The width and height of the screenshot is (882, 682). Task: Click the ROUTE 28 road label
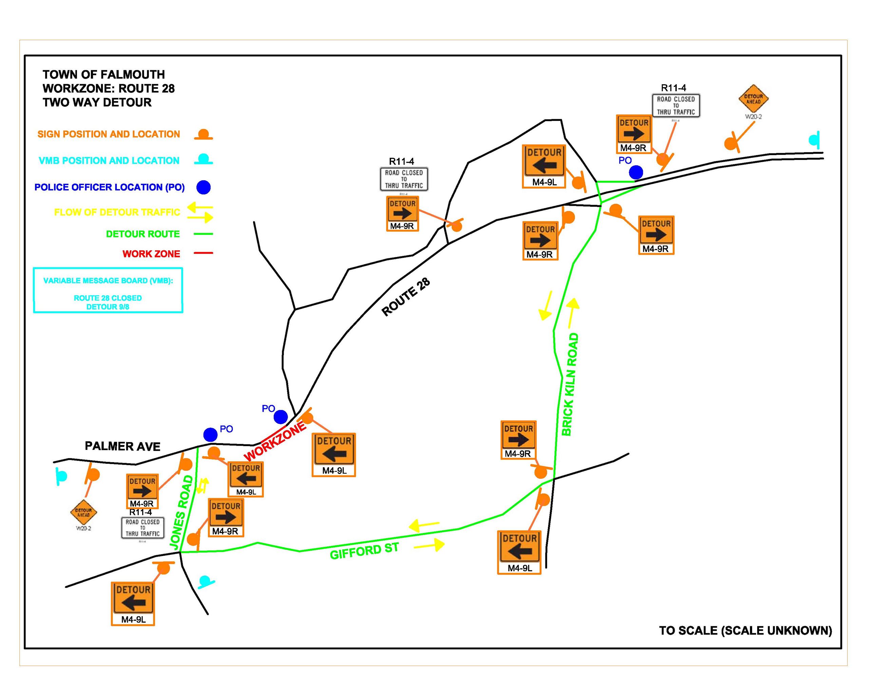tap(405, 297)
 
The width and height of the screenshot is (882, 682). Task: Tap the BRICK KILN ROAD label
tap(570, 384)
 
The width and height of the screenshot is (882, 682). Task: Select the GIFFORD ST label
tap(364, 551)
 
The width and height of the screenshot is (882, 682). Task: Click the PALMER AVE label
tap(122, 446)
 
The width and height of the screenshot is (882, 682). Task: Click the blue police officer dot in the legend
tap(203, 187)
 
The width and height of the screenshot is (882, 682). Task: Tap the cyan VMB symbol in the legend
tap(203, 159)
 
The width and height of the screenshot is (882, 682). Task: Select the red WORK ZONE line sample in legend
tap(203, 253)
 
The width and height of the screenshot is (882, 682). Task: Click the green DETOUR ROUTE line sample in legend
tap(203, 234)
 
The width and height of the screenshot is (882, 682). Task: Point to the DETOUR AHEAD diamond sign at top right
tap(753, 98)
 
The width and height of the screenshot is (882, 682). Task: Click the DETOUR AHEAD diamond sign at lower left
tap(83, 512)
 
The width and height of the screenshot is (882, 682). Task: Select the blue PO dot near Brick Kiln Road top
tap(636, 172)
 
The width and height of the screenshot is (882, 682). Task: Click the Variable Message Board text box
tap(108, 290)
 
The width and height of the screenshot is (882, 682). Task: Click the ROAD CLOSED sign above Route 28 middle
tap(403, 179)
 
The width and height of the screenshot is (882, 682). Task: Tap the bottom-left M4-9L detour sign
tap(133, 604)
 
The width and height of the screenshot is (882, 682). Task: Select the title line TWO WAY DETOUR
tap(97, 102)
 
